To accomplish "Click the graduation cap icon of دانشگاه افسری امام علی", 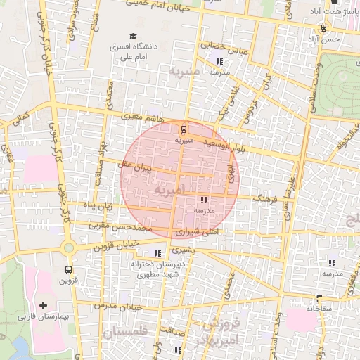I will pos(132,37).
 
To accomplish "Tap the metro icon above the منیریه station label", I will pos(184,129).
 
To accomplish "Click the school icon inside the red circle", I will pos(204,200).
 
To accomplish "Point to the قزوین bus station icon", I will pos(68,269).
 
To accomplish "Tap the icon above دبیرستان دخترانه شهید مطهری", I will pos(157,253).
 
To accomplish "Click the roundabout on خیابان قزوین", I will pos(69,247).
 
